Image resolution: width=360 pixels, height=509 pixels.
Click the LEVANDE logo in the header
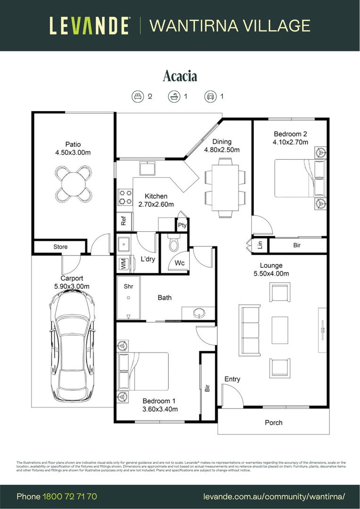[x=90, y=25]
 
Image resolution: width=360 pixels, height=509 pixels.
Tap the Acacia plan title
[x=180, y=76]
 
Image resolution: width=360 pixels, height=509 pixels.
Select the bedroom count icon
[x=138, y=97]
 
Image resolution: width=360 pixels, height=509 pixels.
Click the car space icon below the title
[x=210, y=97]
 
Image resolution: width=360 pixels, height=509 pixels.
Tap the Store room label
[x=60, y=246]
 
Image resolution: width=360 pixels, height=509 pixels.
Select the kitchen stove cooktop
[x=125, y=197]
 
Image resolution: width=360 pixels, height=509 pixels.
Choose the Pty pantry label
[x=182, y=225]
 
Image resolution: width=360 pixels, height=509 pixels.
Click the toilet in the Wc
[x=173, y=244]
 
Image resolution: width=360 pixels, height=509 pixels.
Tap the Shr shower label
[x=128, y=286]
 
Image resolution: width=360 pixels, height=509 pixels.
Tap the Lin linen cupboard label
[x=260, y=245]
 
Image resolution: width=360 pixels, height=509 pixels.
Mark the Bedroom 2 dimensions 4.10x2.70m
[x=290, y=142]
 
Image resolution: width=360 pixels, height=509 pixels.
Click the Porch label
[x=273, y=422]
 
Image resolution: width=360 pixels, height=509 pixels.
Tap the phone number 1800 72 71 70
[x=70, y=497]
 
